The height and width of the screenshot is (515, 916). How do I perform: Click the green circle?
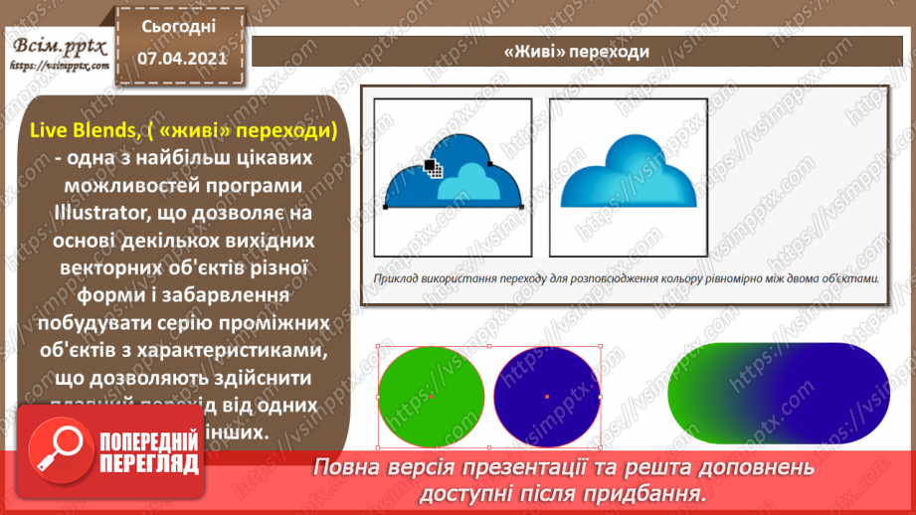432,397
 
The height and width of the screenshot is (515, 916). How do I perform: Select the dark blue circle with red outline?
547,397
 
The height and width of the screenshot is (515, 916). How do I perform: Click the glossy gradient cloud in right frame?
628,174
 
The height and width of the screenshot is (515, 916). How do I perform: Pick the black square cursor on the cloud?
431,166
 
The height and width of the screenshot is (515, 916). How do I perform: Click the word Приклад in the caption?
390,279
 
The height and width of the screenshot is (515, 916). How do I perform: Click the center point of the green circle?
432,397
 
